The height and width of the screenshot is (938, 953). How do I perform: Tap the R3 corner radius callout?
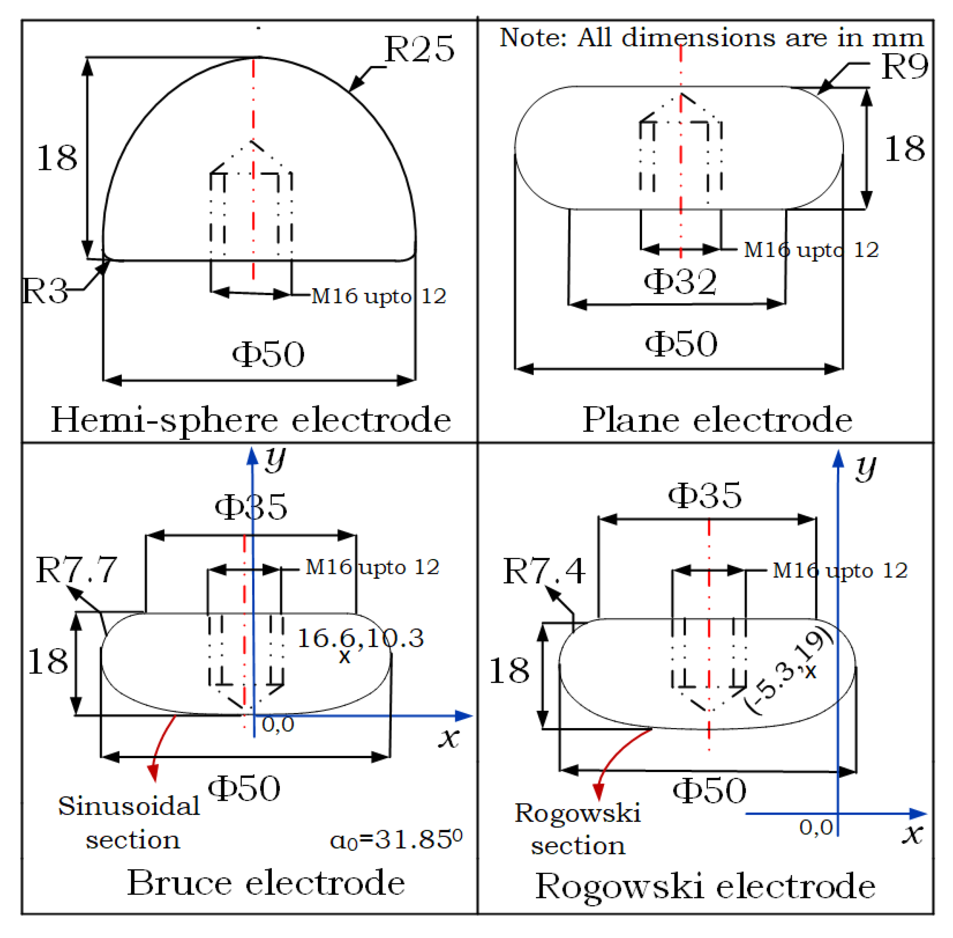pos(44,291)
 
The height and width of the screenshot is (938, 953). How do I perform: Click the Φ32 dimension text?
pos(680,282)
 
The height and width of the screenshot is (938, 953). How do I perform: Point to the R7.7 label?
pos(76,570)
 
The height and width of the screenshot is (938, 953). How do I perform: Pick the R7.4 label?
pos(544,571)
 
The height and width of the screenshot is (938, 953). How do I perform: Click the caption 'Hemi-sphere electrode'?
pos(251,420)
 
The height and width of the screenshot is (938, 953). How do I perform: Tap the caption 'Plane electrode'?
pos(717,420)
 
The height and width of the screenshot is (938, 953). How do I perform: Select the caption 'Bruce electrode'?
pos(266,883)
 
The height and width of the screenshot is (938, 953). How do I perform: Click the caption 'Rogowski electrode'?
pos(705,886)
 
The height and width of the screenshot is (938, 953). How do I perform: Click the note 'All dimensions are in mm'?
pos(711,37)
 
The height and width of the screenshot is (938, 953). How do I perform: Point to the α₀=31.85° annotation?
pos(396,839)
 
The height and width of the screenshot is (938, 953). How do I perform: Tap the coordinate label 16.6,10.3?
pos(360,638)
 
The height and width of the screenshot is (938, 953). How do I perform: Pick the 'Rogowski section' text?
pos(577,829)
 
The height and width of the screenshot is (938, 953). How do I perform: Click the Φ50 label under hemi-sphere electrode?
pos(268,354)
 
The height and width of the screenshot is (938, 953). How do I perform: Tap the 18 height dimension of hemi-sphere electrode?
pos(57,158)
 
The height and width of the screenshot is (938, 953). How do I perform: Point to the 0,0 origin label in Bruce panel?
pos(278,724)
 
